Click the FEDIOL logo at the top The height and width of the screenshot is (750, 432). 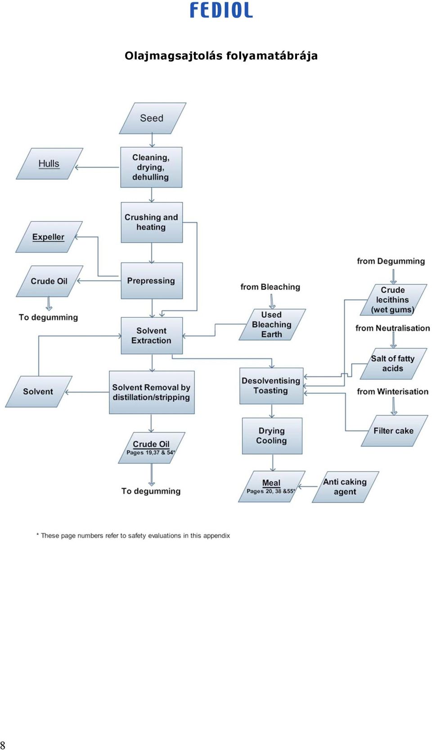[x=221, y=10]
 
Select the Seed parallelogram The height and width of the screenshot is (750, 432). [x=153, y=118]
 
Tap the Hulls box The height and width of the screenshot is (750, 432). [x=49, y=164]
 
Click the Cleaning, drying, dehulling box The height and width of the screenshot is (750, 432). [x=151, y=167]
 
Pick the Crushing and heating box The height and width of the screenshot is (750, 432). [x=152, y=222]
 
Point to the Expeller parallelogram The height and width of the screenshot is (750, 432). [x=49, y=237]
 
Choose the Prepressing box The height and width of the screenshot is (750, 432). [x=152, y=280]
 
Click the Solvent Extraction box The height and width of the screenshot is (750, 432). [x=152, y=335]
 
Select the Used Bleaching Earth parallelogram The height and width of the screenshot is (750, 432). [x=272, y=325]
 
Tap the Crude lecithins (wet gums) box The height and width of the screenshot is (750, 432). [x=393, y=300]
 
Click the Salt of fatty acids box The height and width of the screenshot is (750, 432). [x=393, y=364]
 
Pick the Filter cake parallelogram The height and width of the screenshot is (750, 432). [x=395, y=431]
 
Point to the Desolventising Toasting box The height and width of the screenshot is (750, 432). [x=271, y=386]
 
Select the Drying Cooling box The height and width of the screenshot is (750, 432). [x=272, y=436]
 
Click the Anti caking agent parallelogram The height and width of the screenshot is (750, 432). [x=345, y=487]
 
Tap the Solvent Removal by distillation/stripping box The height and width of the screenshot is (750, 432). [x=152, y=393]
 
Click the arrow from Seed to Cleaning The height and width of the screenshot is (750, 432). [x=152, y=140]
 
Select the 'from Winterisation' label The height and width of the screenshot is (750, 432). [x=392, y=391]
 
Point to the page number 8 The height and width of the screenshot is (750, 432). [x=3, y=745]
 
